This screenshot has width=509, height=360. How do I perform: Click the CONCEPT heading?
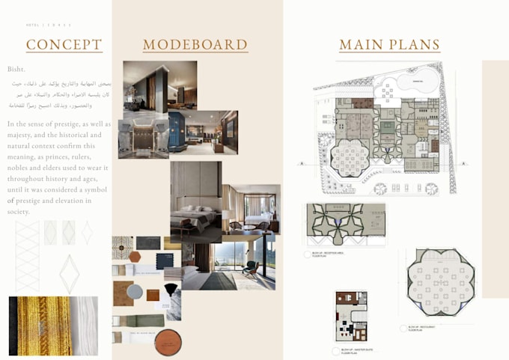pos(64,45)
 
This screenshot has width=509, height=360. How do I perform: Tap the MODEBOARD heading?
pos(195,45)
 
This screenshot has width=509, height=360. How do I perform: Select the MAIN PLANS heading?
pos(389,45)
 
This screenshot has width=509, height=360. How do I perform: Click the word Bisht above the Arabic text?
pos(16,69)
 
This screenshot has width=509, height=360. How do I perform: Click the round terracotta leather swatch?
pos(168,342)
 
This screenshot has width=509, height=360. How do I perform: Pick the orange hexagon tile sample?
pos(135,257)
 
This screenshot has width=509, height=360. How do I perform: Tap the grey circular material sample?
pos(134,291)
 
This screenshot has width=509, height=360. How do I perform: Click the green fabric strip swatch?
pos(138,320)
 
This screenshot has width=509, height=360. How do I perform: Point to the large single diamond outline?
pos(70,273)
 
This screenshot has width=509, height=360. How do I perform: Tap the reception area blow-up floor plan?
pos(346,225)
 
